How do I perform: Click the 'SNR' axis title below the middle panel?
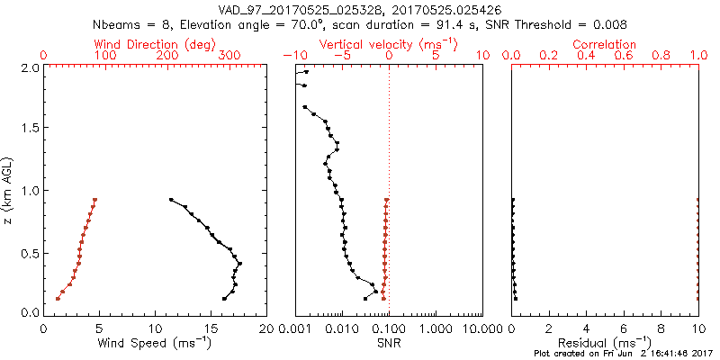point(389,343)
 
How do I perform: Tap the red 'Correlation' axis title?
point(605,44)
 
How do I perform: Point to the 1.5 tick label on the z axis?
point(31,129)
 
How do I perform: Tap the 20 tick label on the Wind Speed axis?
point(266,328)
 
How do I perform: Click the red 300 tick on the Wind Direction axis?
point(230,56)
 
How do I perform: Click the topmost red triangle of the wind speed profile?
point(94,200)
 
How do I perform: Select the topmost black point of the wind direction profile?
point(170,200)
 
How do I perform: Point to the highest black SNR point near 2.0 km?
point(307,72)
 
